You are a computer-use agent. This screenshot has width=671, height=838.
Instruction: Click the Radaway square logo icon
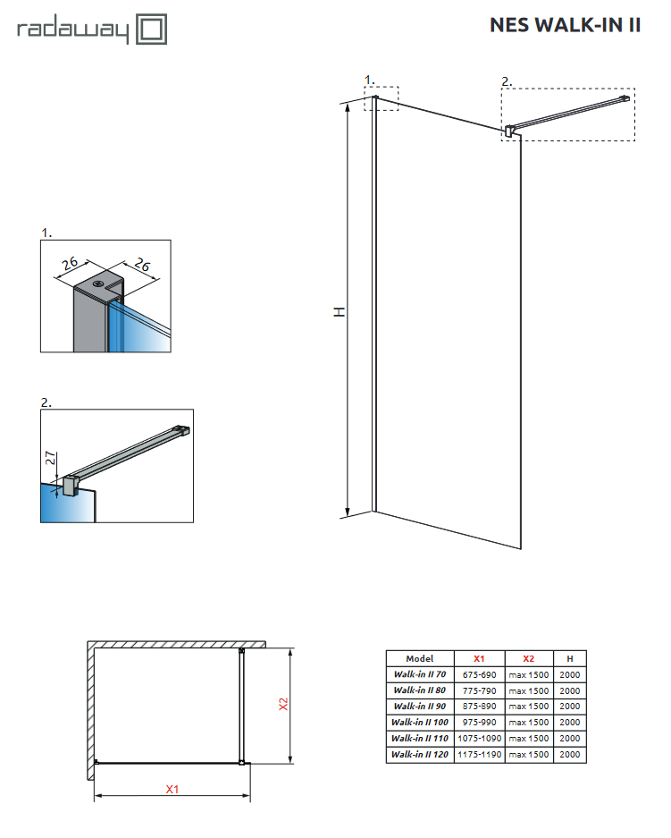pyautogui.click(x=151, y=30)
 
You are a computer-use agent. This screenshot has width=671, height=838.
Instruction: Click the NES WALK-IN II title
pyautogui.click(x=565, y=25)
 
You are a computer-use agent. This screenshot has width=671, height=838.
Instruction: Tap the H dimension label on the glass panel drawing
pyautogui.click(x=339, y=311)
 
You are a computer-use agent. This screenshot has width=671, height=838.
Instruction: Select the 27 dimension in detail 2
pyautogui.click(x=52, y=460)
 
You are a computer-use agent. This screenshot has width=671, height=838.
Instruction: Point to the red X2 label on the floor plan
pyautogui.click(x=283, y=705)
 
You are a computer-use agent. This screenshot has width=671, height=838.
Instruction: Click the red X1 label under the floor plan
pyautogui.click(x=172, y=789)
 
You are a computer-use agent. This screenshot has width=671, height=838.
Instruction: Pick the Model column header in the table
pyautogui.click(x=418, y=658)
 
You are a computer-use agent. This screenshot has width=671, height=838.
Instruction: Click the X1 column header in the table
pyautogui.click(x=479, y=658)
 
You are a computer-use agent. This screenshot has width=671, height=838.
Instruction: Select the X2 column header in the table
pyautogui.click(x=528, y=658)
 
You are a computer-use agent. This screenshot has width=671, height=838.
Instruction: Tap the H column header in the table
pyautogui.click(x=569, y=658)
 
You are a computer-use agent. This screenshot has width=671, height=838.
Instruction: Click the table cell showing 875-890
pyautogui.click(x=480, y=707)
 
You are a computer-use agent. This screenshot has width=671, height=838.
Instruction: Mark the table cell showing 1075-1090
pyautogui.click(x=480, y=739)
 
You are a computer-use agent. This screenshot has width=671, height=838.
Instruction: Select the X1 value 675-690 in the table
pyautogui.click(x=480, y=674)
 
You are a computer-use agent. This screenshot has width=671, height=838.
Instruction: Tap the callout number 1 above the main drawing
pyautogui.click(x=370, y=80)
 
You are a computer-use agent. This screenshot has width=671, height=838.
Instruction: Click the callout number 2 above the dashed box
pyautogui.click(x=506, y=81)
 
